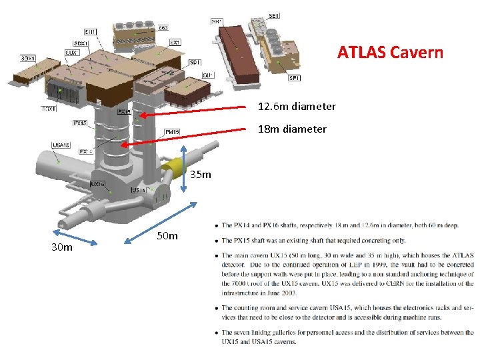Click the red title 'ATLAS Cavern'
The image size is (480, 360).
[x=390, y=52]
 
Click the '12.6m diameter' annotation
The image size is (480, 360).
[x=297, y=107]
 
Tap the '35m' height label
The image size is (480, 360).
[x=201, y=175]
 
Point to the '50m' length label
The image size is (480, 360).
[x=167, y=236]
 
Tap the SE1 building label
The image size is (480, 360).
[x=275, y=16]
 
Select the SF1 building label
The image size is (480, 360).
[x=294, y=78]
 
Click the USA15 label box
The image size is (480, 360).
[x=61, y=145]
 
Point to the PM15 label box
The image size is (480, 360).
[x=172, y=132]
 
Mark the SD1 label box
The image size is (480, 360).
[x=195, y=62]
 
